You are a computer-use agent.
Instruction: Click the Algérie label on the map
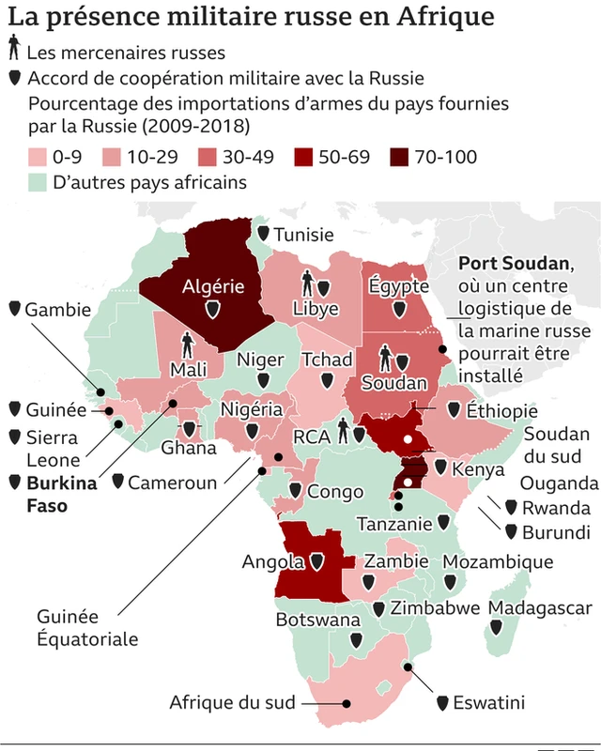click(x=214, y=285)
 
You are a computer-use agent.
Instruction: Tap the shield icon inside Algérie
click(x=214, y=309)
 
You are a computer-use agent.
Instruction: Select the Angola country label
click(x=272, y=562)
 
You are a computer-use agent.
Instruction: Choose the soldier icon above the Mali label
click(x=187, y=344)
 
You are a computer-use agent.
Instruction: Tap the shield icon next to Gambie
click(x=14, y=309)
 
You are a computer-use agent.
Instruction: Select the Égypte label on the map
click(x=398, y=285)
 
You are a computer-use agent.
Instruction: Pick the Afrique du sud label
click(x=232, y=702)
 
